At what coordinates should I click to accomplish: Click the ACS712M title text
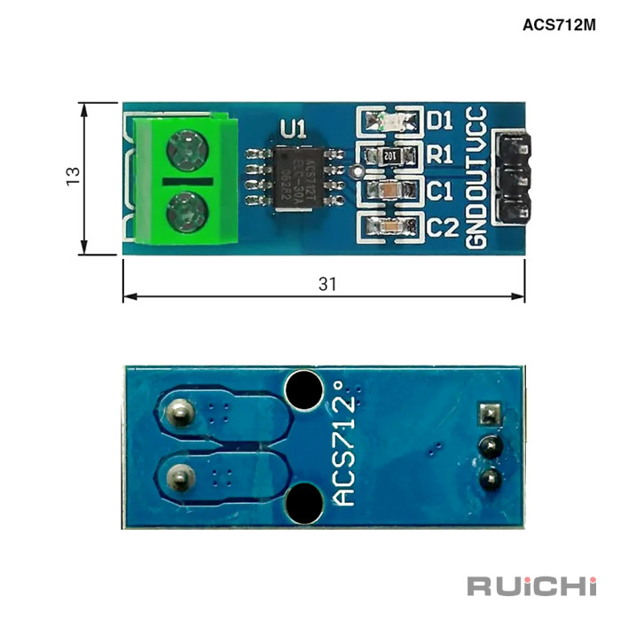[559, 24]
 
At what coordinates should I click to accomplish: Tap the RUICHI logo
[531, 586]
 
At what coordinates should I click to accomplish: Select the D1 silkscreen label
[439, 120]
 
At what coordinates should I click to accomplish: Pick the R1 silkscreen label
[440, 155]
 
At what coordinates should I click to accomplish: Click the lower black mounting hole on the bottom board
[303, 503]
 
